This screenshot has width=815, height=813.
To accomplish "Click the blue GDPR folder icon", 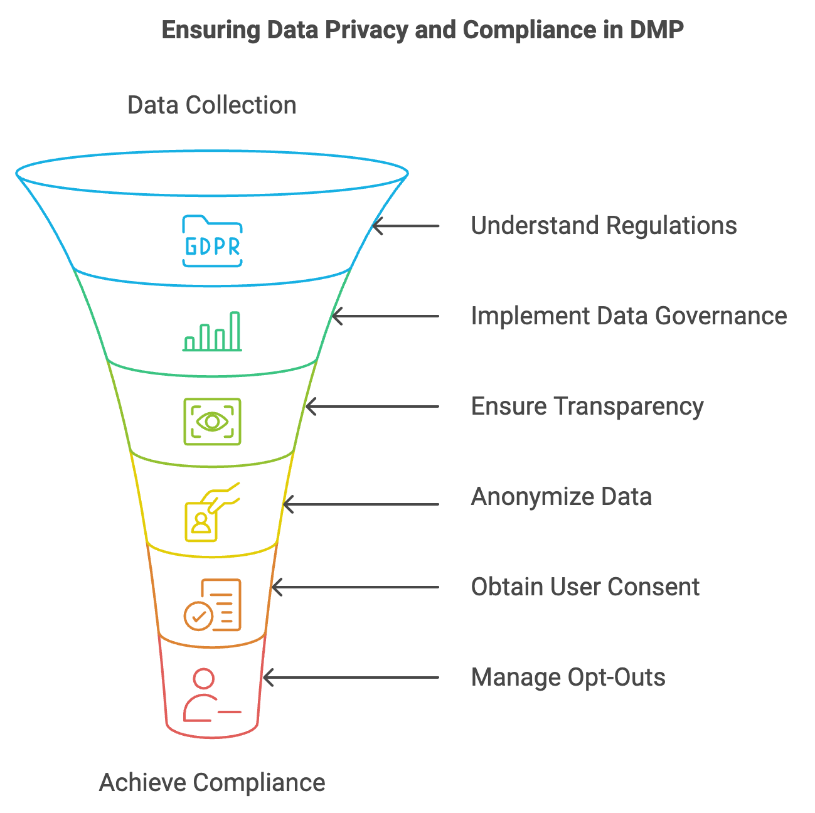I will pos(212,242).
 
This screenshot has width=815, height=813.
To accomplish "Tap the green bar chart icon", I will pos(212,331).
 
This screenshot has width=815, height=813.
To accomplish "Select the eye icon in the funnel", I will pos(212,422).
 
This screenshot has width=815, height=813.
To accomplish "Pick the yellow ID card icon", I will pos(210,513).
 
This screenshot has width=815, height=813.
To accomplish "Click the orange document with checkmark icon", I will pos(213,605).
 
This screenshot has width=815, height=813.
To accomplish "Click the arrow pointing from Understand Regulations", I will pos(406,226).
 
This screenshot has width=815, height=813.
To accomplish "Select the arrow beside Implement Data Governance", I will pos(385,316).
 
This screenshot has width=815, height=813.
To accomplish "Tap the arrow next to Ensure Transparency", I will pos(372,406).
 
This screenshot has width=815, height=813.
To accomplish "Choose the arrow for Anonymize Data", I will pos(361,504).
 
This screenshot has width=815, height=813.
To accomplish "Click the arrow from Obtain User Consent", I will pos(355,587).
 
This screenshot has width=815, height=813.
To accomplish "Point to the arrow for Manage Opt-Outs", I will pos(351,677).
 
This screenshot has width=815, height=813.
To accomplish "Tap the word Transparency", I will pos(628,406).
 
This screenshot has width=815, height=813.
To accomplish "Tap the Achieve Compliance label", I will pos(212,783).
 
